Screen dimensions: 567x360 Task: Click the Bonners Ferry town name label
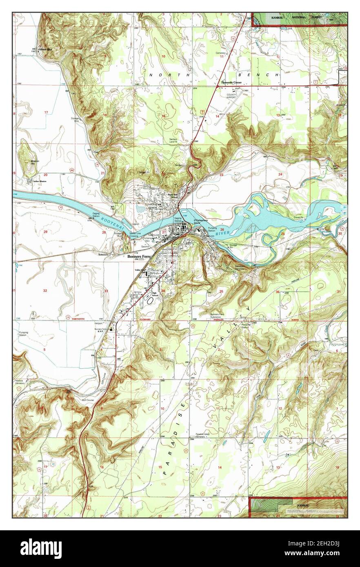[139, 257]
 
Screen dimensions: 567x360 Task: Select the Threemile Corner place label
[231, 83]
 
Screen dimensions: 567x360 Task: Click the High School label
[154, 293]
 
